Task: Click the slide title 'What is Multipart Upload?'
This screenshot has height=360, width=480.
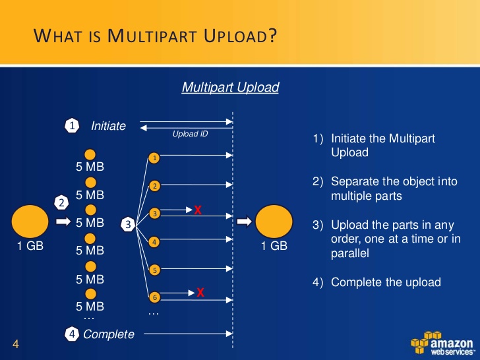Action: click(x=155, y=36)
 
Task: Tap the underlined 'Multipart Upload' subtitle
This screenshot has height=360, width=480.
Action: click(x=230, y=87)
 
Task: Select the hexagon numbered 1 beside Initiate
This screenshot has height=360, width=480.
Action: click(x=72, y=126)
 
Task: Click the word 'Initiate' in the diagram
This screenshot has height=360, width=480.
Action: click(x=108, y=126)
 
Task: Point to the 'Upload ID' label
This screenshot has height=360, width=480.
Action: click(x=190, y=134)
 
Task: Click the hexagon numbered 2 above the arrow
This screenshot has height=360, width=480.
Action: click(x=61, y=203)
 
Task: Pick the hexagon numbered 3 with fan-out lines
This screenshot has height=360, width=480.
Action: click(x=129, y=224)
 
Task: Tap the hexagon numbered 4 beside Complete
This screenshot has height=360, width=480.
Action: click(x=72, y=334)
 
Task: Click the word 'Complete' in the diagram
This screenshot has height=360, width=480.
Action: click(x=109, y=334)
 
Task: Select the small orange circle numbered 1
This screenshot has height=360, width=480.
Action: click(x=154, y=158)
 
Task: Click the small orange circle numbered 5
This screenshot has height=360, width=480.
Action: click(x=154, y=270)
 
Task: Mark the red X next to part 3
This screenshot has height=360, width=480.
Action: click(x=198, y=210)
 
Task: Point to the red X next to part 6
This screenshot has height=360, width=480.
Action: click(x=200, y=292)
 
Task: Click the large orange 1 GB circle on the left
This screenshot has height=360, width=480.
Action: click(x=30, y=222)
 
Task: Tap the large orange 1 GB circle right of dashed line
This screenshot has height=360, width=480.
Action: click(x=274, y=222)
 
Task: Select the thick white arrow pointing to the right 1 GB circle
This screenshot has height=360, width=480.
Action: click(x=245, y=222)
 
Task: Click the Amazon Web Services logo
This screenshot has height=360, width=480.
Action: click(x=442, y=342)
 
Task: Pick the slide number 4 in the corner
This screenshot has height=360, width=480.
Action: click(x=16, y=344)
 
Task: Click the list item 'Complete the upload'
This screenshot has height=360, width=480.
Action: click(x=377, y=282)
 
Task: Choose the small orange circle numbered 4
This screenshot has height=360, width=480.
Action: click(x=154, y=242)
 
